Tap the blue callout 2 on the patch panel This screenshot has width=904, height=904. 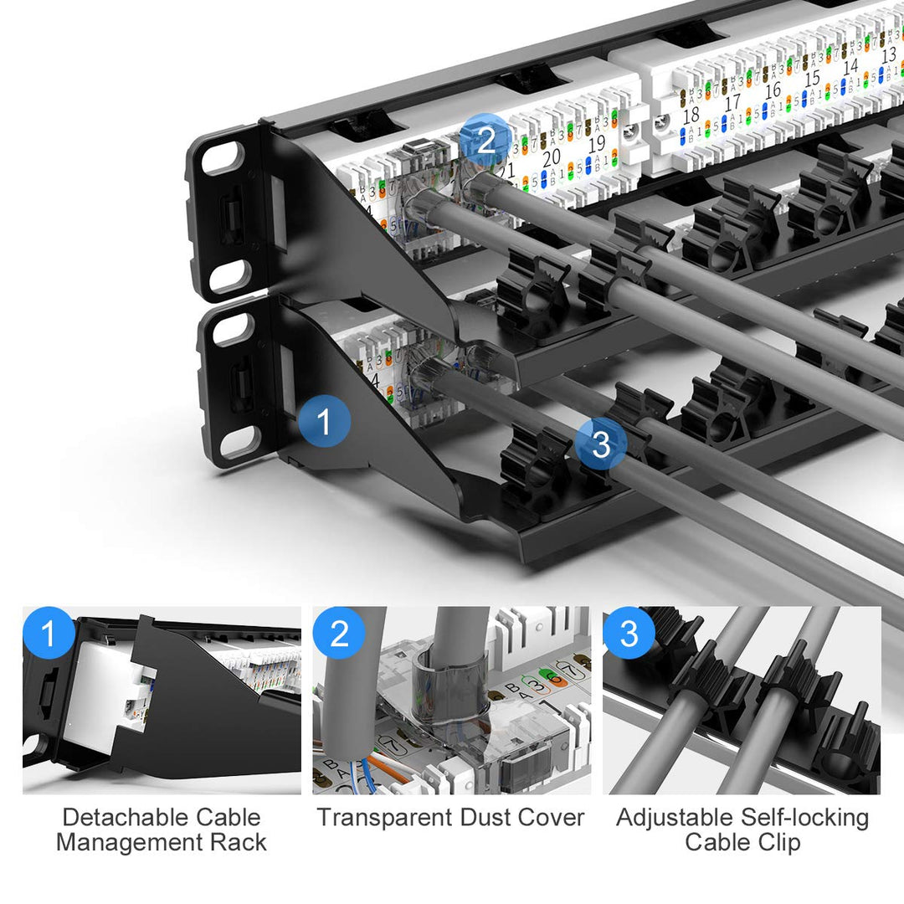[x=486, y=139]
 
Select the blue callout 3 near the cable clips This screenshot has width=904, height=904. [x=601, y=444]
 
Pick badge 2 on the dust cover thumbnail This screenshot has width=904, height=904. [x=339, y=633]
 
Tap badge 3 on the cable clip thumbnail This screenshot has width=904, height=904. [x=629, y=633]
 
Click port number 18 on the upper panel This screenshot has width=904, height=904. [x=691, y=116]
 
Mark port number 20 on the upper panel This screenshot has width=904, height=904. [x=552, y=158]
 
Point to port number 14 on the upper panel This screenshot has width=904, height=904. [x=850, y=66]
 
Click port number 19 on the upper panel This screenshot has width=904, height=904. [x=596, y=144]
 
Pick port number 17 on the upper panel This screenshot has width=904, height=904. [x=732, y=102]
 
